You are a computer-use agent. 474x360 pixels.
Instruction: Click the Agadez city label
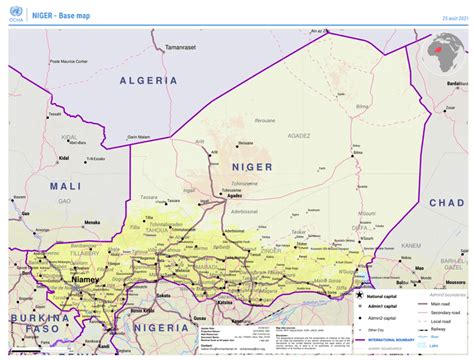(x=235, y=196)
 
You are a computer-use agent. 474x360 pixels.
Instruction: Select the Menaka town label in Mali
(x=100, y=228)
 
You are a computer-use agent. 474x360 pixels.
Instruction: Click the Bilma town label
(x=350, y=181)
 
